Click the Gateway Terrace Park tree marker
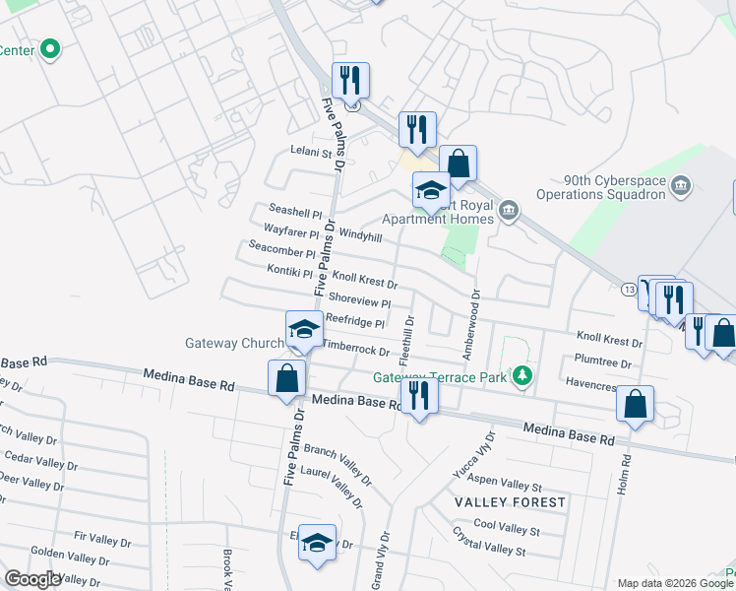pos(524,375)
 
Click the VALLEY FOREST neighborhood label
pos(511,502)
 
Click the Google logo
pos(32,579)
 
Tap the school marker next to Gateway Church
pos(304,330)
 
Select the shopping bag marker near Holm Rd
pos(636,404)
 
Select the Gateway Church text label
pos(232,344)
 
